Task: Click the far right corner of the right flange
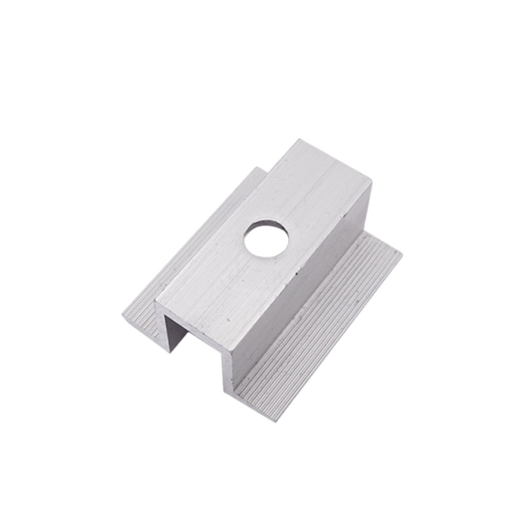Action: point(402,252)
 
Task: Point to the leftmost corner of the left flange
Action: point(122,316)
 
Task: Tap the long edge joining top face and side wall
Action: point(301,262)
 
